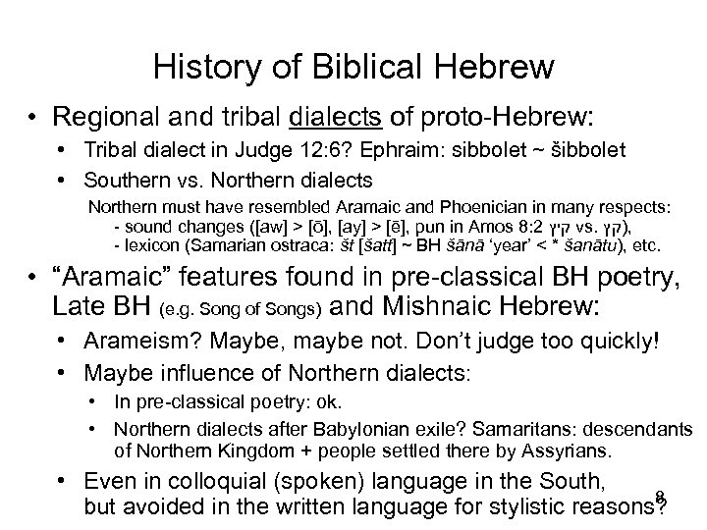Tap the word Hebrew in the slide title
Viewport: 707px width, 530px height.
coord(498,68)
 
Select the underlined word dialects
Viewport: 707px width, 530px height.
coord(334,118)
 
